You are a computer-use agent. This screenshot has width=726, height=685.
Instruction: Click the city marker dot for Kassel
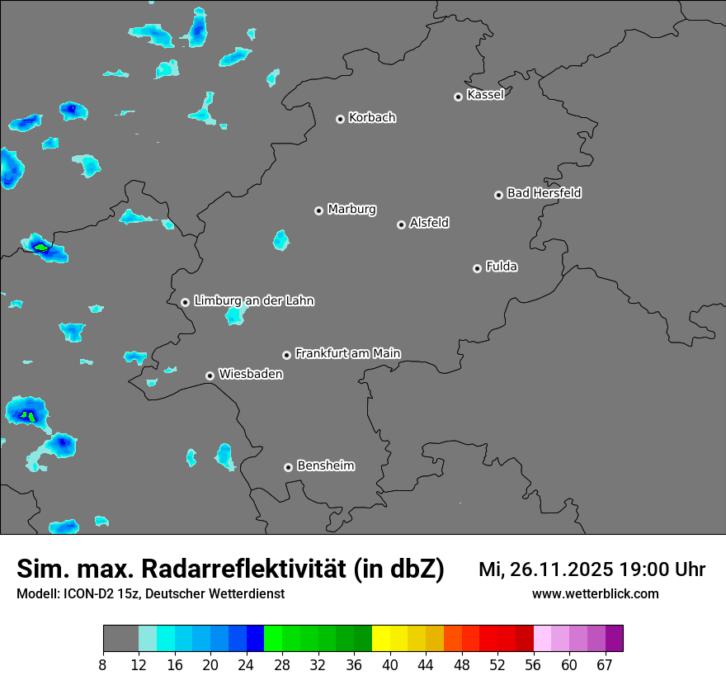click(x=458, y=97)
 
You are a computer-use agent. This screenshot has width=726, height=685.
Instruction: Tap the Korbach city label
click(x=372, y=117)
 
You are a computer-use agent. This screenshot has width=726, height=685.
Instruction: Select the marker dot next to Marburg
click(x=318, y=210)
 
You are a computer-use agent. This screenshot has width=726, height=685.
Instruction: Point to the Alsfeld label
click(x=429, y=223)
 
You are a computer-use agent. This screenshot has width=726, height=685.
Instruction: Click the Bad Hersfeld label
click(x=544, y=193)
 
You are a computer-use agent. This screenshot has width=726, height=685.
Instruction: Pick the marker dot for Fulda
click(x=477, y=268)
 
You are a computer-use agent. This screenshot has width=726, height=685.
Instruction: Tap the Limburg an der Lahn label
click(x=253, y=301)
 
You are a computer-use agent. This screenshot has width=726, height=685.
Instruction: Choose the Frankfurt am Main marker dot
click(x=286, y=355)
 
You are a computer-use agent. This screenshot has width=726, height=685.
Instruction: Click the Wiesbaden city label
click(x=251, y=374)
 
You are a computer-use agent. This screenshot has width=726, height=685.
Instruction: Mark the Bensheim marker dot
click(x=288, y=467)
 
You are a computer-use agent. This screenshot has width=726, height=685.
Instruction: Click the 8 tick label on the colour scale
click(x=103, y=664)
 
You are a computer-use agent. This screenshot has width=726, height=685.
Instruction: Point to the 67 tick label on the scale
click(x=605, y=664)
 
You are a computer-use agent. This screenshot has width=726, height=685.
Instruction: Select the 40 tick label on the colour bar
click(x=390, y=664)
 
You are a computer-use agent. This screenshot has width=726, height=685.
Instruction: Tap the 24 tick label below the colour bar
click(x=247, y=664)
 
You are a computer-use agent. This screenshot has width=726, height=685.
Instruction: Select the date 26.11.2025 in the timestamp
click(x=557, y=569)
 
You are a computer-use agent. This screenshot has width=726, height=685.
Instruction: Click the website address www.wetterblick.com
click(x=595, y=593)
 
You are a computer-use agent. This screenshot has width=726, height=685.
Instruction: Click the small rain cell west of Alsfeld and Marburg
click(x=281, y=240)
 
